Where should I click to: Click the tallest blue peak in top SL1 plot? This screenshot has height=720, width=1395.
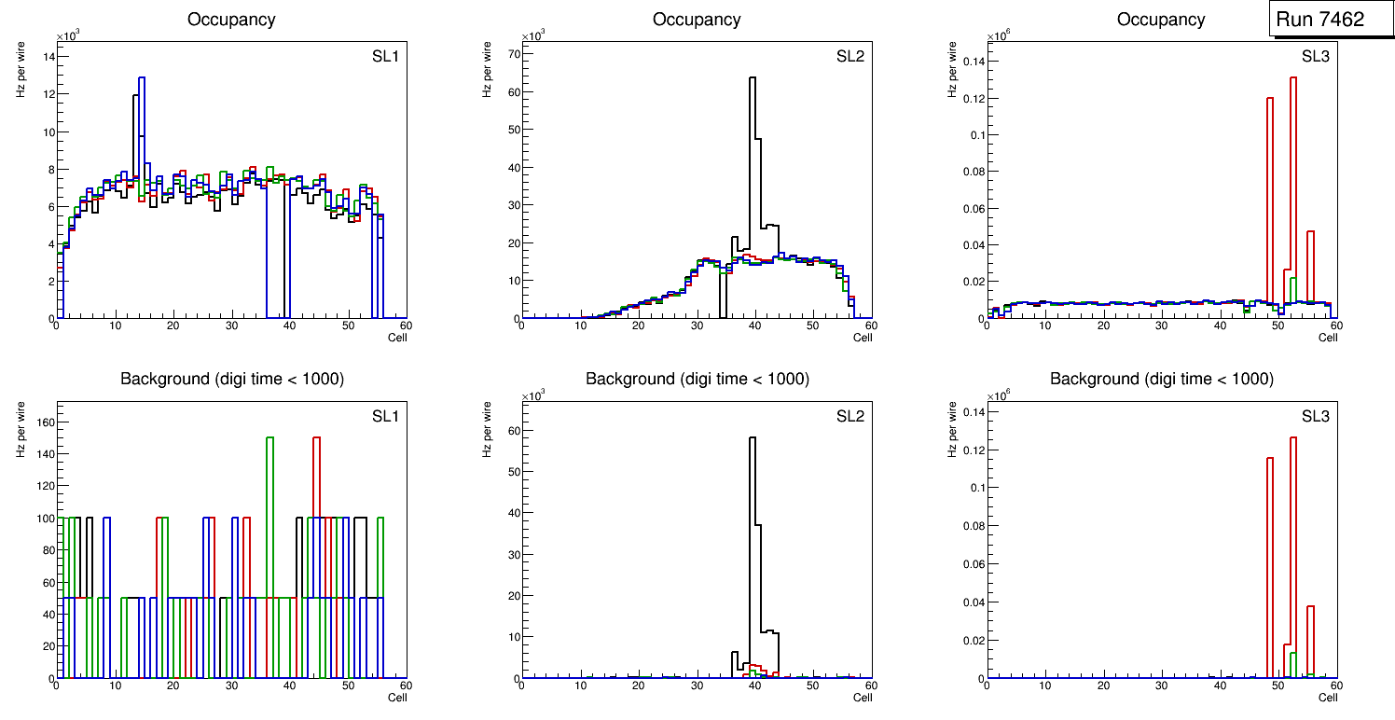pos(142,78)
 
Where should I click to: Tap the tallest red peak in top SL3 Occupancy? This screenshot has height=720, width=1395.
pos(1293,78)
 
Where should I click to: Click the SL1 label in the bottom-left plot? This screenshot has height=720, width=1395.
pos(385,416)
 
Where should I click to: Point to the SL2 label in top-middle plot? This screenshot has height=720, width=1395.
pos(850,56)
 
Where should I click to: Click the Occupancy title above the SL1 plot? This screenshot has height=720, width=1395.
pos(231,20)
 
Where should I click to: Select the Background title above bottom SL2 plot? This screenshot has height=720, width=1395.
pos(697,379)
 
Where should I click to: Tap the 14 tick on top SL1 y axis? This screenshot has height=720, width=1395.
pos(48,57)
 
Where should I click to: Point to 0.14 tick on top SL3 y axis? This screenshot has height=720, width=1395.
pos(971,62)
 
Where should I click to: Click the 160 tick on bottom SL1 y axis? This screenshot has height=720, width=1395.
pos(44,422)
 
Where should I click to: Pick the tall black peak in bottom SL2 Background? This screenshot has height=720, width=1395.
pos(753,438)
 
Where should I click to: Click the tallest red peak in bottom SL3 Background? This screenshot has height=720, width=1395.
pos(1293,438)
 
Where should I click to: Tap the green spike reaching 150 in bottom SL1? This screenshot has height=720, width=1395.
pos(269,438)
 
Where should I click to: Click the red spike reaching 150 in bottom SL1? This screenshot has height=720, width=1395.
pos(316,438)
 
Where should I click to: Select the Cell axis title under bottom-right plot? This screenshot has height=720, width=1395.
pos(1328,698)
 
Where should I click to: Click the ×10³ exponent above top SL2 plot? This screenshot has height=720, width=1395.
pos(533,36)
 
